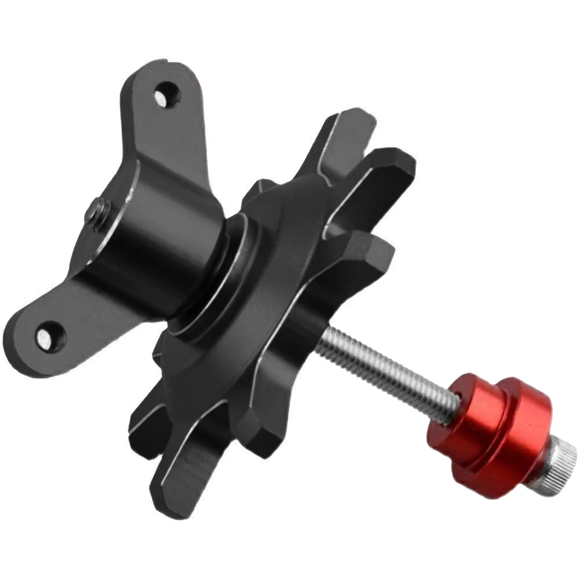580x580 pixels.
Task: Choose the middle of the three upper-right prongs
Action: [388, 174]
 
